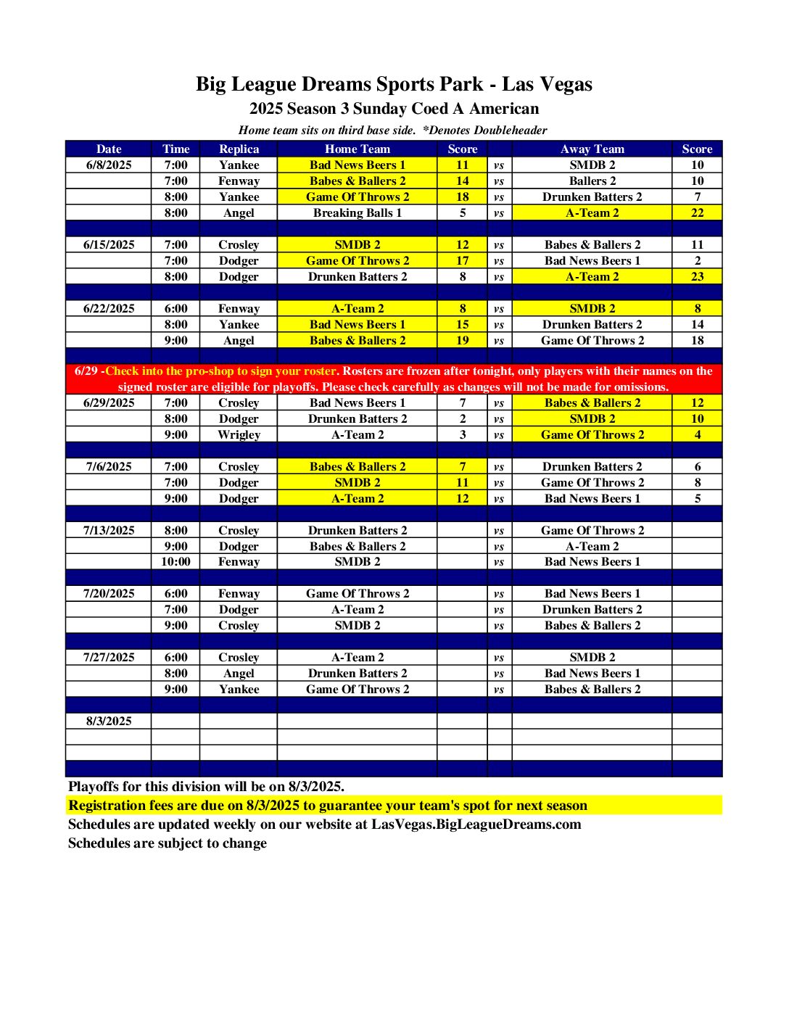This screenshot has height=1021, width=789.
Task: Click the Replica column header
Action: [x=239, y=149]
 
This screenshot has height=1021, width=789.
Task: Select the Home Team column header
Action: [x=357, y=149]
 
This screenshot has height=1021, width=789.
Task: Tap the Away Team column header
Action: [x=592, y=149]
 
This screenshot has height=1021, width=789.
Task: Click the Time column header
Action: [x=175, y=149]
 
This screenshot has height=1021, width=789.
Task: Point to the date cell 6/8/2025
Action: [x=109, y=165]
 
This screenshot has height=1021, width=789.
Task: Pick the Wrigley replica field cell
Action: [x=239, y=434]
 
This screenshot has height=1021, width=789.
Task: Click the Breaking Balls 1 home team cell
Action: [x=357, y=212]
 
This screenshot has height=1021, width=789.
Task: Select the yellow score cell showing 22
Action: [x=697, y=212]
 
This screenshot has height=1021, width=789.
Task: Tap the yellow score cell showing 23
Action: [x=697, y=276]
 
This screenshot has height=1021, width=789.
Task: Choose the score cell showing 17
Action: [x=463, y=260]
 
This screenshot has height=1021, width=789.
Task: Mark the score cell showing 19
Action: [x=463, y=340]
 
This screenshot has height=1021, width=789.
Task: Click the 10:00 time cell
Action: [x=175, y=561]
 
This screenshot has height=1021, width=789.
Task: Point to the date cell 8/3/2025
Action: [x=109, y=721]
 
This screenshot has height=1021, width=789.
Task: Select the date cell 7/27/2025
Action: [x=109, y=657]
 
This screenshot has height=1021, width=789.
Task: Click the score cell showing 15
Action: [x=463, y=324]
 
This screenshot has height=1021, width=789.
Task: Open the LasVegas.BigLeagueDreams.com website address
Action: [x=476, y=824]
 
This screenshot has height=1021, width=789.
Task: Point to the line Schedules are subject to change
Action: [x=168, y=843]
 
